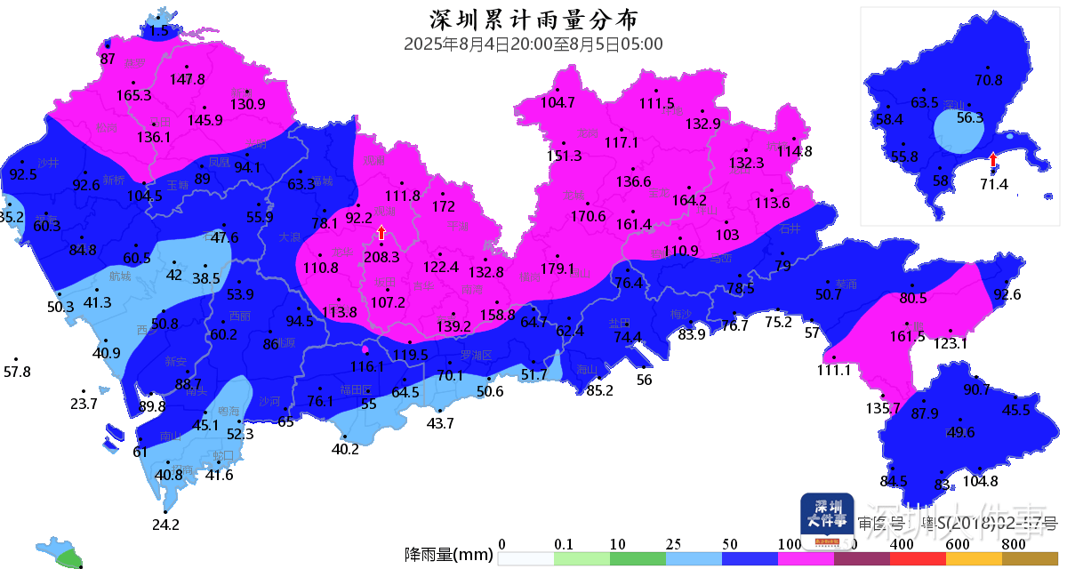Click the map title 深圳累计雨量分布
533,20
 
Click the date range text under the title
533,44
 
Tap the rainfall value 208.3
382,257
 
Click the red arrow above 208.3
381,233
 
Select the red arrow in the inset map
993,159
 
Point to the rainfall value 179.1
558,269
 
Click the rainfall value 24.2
165,525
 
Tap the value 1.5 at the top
158,31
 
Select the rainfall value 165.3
134,95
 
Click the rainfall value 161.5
908,337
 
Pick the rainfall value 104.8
981,481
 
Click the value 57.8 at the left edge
17,372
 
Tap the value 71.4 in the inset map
993,184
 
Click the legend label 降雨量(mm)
448,556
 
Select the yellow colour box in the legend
973,558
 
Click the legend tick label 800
1014,544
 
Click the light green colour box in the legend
582,558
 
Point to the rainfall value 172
444,207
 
